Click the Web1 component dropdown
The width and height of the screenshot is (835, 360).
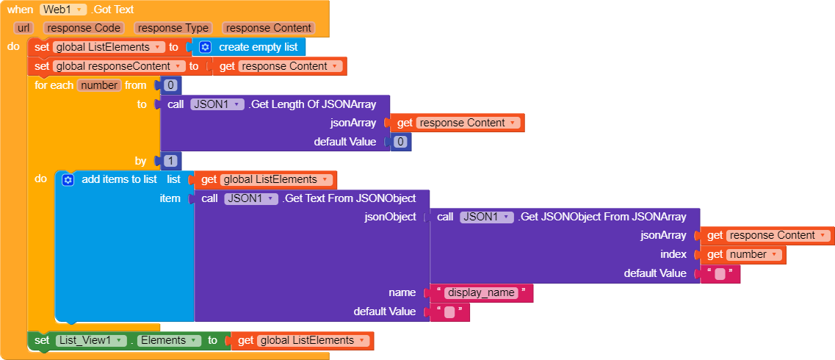click(64, 10)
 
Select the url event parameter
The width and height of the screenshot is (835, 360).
click(23, 28)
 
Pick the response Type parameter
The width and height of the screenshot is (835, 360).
click(174, 28)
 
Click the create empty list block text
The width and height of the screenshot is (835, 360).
click(258, 47)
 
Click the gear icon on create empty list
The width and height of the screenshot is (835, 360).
click(205, 47)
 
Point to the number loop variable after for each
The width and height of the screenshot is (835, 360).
click(99, 85)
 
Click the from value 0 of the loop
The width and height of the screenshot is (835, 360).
click(171, 85)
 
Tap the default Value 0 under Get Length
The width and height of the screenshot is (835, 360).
click(400, 142)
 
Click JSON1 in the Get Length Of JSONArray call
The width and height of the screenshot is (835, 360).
click(217, 104)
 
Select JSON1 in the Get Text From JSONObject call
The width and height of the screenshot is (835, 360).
click(250, 198)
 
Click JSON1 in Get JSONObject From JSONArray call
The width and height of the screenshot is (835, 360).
click(486, 217)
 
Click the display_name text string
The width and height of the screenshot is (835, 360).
click(481, 292)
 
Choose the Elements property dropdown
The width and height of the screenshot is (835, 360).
click(169, 340)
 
